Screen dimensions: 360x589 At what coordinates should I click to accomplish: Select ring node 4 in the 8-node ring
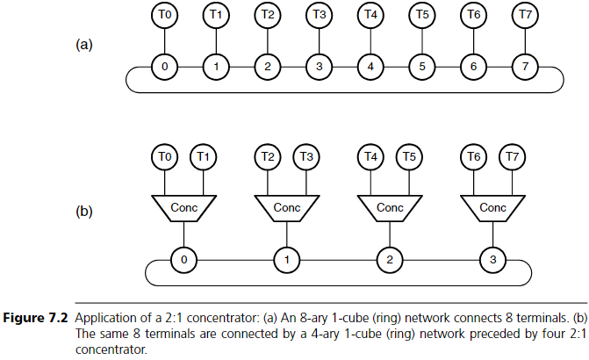click(x=370, y=66)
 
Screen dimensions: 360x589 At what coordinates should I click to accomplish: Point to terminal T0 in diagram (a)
click(x=163, y=15)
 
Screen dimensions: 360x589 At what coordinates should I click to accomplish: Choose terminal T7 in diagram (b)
click(x=512, y=156)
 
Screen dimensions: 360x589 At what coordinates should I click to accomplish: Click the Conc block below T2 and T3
click(x=286, y=208)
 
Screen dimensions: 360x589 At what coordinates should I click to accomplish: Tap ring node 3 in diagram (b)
click(x=493, y=260)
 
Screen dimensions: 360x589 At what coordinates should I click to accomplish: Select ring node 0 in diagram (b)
click(x=183, y=260)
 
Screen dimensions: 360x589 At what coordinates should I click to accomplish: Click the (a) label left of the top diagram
click(x=84, y=45)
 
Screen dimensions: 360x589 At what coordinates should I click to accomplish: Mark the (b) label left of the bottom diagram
click(x=84, y=212)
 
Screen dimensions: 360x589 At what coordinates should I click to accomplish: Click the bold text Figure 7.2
click(x=38, y=317)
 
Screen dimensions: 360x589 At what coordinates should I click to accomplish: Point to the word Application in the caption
click(x=108, y=317)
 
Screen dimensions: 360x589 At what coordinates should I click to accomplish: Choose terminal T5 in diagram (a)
click(x=422, y=15)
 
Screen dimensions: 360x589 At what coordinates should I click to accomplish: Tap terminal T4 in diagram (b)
click(x=372, y=156)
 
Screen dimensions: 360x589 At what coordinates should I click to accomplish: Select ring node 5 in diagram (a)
click(x=422, y=66)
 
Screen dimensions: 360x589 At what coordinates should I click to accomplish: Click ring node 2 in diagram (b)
click(x=390, y=260)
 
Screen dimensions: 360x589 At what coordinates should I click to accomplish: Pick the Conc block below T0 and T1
click(x=183, y=208)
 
